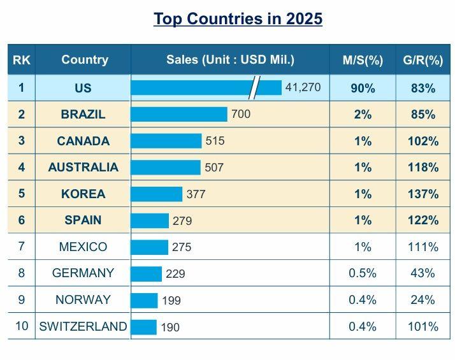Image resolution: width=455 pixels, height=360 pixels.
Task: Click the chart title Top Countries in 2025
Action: coord(238,18)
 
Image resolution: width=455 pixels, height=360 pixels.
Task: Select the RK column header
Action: coord(21,60)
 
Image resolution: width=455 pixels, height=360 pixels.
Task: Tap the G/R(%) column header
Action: coord(423,61)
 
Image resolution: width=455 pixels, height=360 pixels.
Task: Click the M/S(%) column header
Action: coord(363,61)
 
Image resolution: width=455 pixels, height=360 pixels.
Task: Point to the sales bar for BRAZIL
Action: coord(179,115)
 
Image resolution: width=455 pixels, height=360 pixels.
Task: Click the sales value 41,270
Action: coord(303,87)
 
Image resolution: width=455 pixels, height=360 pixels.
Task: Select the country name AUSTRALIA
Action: coord(83,168)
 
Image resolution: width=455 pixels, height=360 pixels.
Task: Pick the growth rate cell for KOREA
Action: coord(423,194)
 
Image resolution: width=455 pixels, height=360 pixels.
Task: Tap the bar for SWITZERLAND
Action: coord(144,327)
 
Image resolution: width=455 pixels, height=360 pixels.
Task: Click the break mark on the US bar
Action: coord(255,87)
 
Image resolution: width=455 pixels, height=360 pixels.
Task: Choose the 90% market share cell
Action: coord(363,89)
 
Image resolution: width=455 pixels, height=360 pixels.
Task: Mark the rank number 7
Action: coord(21,247)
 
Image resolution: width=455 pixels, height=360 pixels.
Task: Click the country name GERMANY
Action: coord(83,273)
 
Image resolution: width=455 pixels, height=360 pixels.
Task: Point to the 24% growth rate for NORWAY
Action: coord(423,300)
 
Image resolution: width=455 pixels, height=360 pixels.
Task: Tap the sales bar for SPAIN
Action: coord(150,220)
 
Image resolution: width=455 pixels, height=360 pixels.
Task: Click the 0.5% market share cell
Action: coord(363,273)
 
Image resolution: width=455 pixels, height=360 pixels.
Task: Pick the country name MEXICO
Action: coord(83,247)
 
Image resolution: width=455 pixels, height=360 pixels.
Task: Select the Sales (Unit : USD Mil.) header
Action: coord(230,60)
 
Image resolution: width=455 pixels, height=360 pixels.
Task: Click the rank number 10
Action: coord(22,326)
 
